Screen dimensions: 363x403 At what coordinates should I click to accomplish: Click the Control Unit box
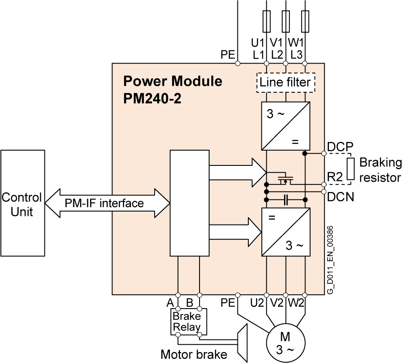[23, 203]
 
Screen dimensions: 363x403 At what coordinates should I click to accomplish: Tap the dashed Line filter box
[285, 82]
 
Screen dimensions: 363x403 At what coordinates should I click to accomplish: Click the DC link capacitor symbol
[286, 200]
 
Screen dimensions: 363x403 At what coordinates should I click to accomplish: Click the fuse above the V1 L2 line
[286, 21]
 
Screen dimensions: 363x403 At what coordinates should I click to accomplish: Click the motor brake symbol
[241, 342]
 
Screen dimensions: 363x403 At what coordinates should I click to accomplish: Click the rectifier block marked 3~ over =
[286, 126]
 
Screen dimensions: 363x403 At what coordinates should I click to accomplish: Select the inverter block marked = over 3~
[286, 232]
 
